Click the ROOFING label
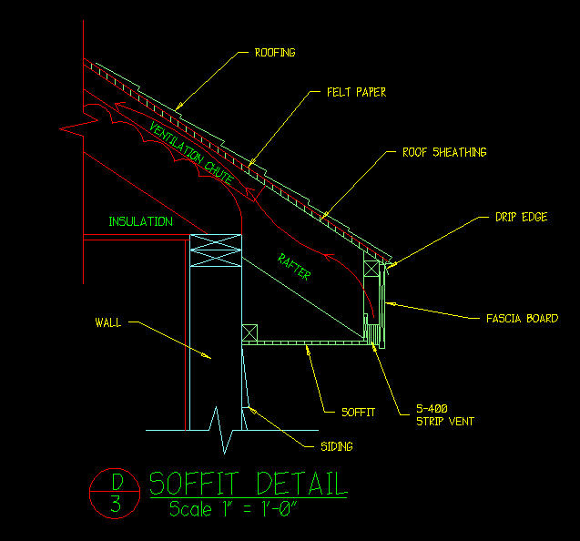click(274, 53)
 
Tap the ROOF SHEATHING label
click(444, 152)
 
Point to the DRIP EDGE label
click(521, 218)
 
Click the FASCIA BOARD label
click(522, 319)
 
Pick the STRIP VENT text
click(445, 423)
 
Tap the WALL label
click(107, 322)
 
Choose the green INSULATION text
click(140, 221)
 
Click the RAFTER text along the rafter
click(295, 266)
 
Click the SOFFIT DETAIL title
click(248, 483)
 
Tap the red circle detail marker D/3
click(115, 493)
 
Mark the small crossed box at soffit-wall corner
click(249, 334)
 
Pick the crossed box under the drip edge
click(371, 270)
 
